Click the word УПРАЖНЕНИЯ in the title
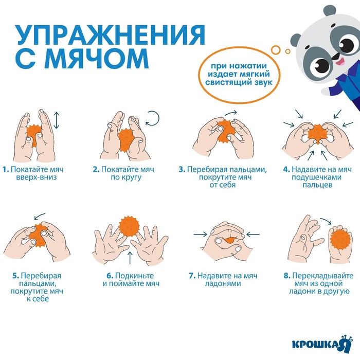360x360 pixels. [111, 35]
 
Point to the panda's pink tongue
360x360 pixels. [339, 62]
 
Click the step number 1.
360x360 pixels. [6, 170]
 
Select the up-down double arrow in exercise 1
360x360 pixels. [57, 120]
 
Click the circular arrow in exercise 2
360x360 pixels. [152, 118]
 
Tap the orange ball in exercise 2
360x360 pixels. [125, 140]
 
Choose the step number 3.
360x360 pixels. [182, 170]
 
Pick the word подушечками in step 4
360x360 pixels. [316, 177]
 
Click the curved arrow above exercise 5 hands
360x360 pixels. [40, 216]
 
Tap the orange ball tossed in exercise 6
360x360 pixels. [129, 227]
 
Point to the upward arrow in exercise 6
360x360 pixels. [130, 258]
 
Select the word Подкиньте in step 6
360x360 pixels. [134, 276]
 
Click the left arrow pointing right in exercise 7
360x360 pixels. [200, 234]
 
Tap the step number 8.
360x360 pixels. [287, 276]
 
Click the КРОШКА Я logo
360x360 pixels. [322, 344]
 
